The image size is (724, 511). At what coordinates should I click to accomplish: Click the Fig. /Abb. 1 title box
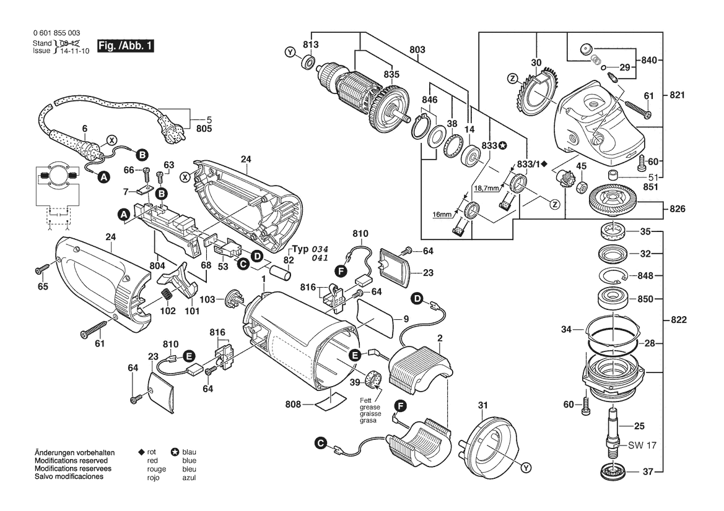pos(126,47)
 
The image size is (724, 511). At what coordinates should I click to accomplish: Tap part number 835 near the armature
pos(391,74)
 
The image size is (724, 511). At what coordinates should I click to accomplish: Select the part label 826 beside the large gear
pos(678,209)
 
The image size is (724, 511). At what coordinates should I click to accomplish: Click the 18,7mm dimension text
pos(486,187)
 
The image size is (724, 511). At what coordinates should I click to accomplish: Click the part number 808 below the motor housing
pos(293,405)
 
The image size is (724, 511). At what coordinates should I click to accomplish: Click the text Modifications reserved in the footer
pos(71,462)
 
